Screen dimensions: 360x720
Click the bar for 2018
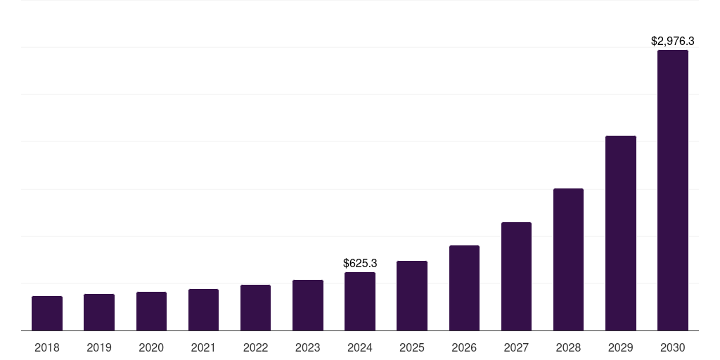47,314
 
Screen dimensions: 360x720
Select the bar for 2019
99,312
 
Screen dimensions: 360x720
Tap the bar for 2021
203,310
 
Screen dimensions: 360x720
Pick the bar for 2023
308,305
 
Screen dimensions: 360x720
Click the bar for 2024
360,302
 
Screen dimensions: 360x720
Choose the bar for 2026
464,288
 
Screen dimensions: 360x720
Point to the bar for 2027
516,276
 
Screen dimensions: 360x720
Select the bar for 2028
568,259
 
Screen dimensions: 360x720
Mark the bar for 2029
621,233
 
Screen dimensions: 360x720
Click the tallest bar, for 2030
673,190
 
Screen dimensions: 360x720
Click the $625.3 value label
360,264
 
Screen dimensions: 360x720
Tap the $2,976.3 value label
673,41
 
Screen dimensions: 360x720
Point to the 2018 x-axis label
47,347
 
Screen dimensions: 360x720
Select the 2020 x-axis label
151,347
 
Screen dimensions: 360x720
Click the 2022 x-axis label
255,347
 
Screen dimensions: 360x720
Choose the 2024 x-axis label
360,347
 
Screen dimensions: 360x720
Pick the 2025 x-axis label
412,347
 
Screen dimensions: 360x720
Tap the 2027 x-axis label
516,347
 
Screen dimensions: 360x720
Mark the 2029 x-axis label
621,347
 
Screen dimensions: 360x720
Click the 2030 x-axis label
673,347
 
